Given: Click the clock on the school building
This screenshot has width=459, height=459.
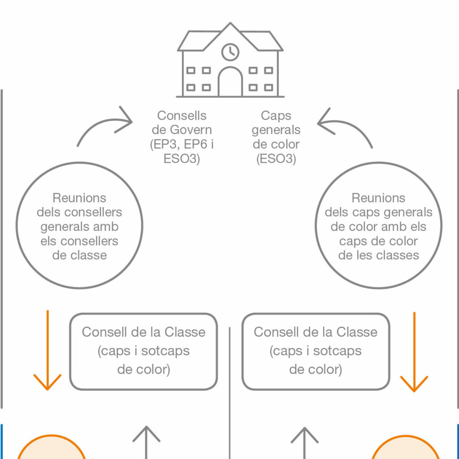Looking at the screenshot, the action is (230, 52).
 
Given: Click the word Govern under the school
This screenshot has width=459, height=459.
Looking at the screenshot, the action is (191, 130).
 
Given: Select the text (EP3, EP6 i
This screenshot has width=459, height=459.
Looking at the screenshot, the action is (182, 144).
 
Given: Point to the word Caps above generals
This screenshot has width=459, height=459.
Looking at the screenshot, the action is (276, 116).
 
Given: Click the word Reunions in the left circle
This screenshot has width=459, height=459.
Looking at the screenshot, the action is (79, 198).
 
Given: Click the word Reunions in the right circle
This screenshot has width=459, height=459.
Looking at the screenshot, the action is (378, 198).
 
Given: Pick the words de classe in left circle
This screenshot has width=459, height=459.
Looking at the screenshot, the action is (79, 255).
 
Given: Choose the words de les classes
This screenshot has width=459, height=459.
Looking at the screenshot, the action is (378, 255).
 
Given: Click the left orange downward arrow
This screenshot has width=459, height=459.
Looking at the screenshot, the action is (48, 350).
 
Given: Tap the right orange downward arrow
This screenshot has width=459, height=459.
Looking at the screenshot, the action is (414, 352).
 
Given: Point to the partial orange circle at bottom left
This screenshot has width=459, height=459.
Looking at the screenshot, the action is (52, 436).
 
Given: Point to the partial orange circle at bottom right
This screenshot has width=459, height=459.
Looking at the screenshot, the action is (405, 437).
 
